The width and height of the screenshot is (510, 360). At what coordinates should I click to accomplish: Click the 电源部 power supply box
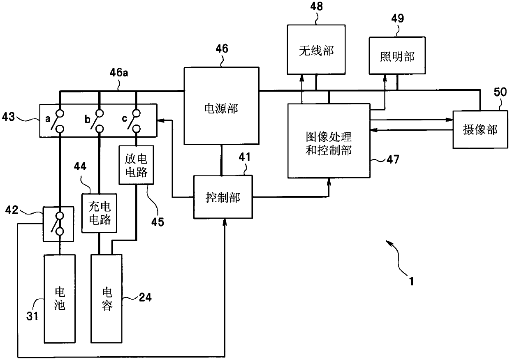coord(222,106)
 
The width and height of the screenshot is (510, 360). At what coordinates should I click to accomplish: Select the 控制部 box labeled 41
coord(223,197)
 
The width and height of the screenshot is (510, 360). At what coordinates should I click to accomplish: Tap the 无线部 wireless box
coord(316,50)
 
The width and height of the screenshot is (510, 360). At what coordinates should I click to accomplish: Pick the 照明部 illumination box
coord(397,55)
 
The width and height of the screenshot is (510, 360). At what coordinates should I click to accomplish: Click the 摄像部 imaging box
coord(480,130)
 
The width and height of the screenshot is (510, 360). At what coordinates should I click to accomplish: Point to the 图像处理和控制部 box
coord(329,141)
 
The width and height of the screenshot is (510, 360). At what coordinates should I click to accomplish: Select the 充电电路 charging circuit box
coord(99,213)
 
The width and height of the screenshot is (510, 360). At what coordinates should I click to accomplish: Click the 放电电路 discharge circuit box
coord(137,165)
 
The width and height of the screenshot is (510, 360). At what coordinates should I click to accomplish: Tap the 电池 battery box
coord(60,299)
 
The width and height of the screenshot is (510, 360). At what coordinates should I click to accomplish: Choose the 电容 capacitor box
coord(107,299)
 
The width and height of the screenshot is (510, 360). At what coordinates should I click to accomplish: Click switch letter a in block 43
coord(48,118)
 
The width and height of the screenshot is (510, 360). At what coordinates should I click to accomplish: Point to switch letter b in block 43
coord(88,119)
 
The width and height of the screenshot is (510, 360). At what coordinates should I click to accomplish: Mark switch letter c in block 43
coord(124,118)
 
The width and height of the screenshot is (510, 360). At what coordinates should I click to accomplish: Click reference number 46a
coord(119,73)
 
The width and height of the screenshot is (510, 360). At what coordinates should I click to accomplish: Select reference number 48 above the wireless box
coord(316,6)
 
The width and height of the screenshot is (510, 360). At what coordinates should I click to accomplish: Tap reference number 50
coord(500,92)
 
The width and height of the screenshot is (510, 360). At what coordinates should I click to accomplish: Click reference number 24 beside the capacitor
coord(145,297)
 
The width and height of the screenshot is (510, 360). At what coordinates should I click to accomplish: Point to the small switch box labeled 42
coord(58,224)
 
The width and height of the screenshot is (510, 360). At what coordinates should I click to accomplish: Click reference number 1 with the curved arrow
coord(411,281)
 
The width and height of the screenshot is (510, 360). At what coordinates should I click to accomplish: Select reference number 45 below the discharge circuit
coord(158,222)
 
